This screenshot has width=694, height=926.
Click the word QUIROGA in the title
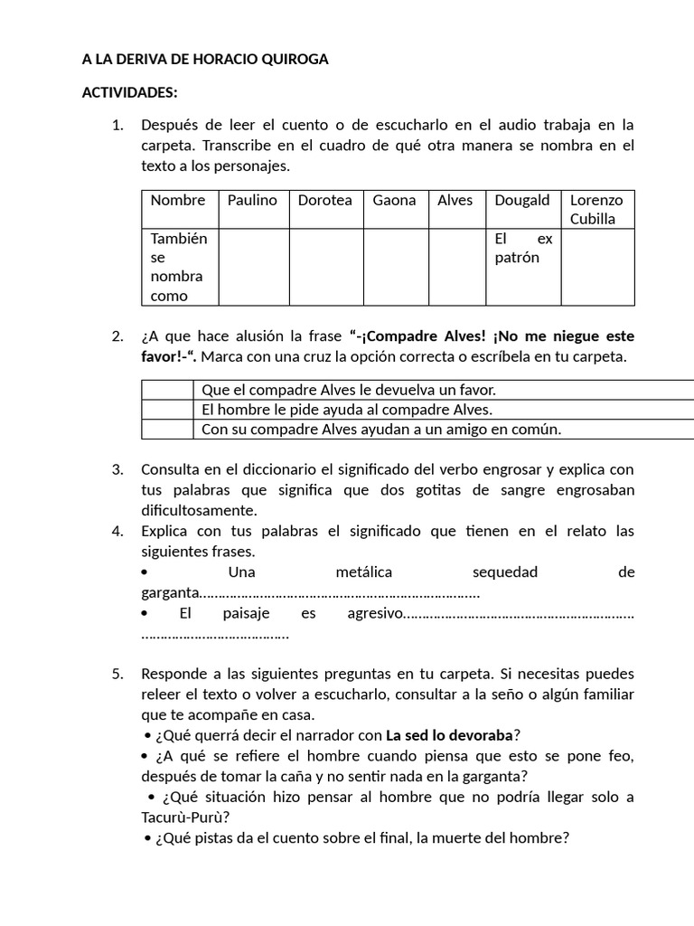(x=292, y=60)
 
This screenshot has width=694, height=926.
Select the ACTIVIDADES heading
(x=130, y=92)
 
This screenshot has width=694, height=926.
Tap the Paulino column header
(x=252, y=201)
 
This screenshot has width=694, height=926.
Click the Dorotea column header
(x=325, y=201)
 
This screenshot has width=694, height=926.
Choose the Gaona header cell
(x=395, y=201)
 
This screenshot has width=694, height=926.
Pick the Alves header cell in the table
(x=455, y=201)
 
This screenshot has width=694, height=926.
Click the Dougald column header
(x=521, y=201)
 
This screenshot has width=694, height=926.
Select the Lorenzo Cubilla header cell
(x=596, y=210)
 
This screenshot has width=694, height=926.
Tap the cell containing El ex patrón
(x=522, y=249)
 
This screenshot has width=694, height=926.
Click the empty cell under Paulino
(x=254, y=267)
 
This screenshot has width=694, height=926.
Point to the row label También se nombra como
(x=179, y=267)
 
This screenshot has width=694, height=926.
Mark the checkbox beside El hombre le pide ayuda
(x=167, y=410)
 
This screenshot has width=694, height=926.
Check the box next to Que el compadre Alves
(x=167, y=390)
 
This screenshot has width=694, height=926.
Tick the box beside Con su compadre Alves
(x=167, y=430)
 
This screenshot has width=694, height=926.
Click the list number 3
(x=117, y=469)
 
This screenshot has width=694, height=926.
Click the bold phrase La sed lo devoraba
(x=449, y=734)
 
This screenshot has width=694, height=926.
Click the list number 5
(x=117, y=674)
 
